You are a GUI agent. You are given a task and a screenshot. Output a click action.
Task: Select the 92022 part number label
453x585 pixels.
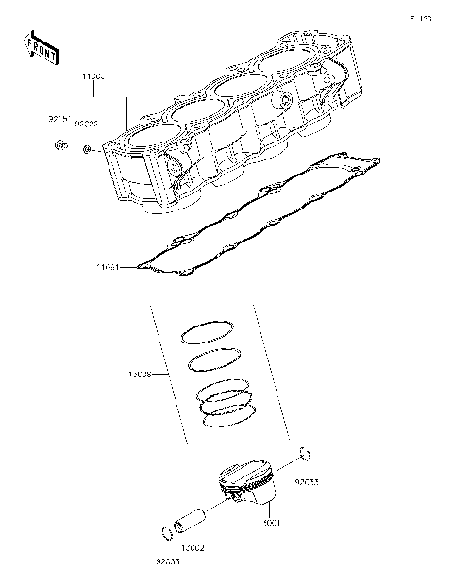[x=87, y=123]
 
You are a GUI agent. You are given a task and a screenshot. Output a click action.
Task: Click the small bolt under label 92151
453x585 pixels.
[x=60, y=145]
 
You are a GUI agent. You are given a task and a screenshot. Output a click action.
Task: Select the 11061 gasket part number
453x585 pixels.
[x=108, y=267]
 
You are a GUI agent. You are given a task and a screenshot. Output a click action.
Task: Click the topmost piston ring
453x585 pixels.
[x=208, y=331]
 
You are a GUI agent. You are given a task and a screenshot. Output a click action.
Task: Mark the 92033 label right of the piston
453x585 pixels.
[x=306, y=481]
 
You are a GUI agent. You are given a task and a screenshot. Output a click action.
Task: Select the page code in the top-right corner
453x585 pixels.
[x=420, y=18]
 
